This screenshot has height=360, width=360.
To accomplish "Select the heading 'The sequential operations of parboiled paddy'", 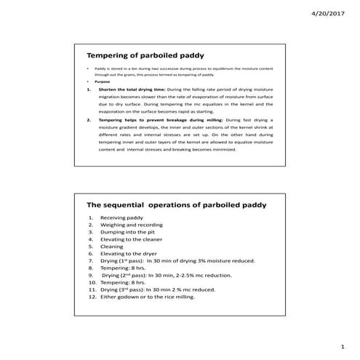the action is point(177,206).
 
